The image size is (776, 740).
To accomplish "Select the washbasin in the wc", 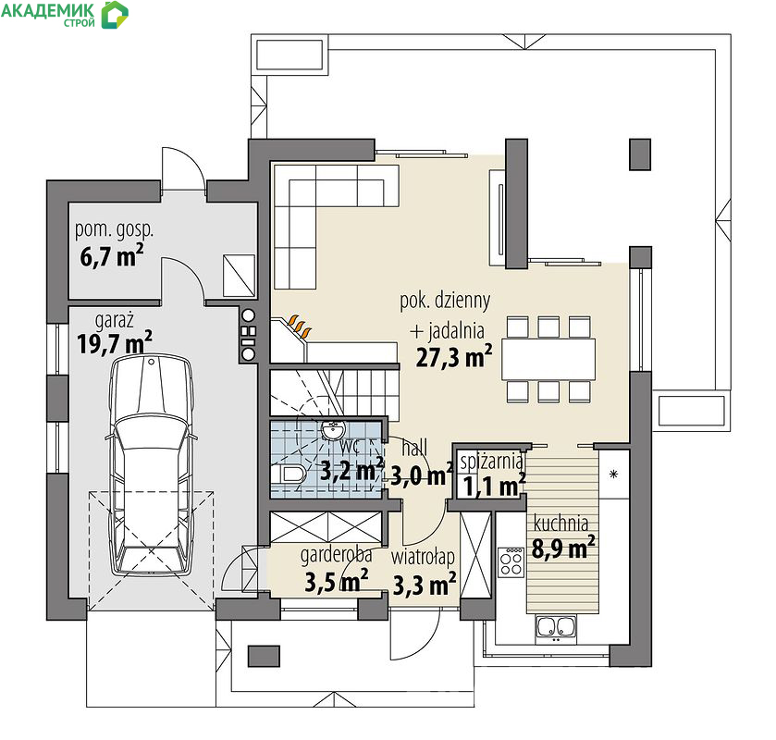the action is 333,430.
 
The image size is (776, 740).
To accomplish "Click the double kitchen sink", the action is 556,629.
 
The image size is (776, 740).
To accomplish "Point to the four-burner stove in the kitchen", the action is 511,562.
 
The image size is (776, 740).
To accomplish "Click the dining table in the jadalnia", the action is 548,359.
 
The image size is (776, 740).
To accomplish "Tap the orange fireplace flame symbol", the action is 301,325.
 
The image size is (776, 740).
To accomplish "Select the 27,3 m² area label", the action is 454,357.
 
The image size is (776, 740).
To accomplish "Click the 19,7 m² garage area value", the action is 115,342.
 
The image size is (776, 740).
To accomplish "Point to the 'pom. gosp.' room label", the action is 115,230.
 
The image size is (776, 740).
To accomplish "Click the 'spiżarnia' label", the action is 491,462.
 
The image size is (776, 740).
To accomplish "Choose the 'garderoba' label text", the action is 336,555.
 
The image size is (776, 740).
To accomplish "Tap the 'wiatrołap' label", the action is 423,558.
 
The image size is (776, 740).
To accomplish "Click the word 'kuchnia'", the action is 560,524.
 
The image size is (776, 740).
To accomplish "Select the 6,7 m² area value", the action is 112,256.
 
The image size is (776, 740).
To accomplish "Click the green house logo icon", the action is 115,15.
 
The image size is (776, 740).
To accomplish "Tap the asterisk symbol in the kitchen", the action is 613,475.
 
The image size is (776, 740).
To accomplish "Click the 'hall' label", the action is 414,448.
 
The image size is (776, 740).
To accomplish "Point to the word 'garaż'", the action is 115,320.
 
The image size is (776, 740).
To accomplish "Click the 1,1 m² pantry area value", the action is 494,486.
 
